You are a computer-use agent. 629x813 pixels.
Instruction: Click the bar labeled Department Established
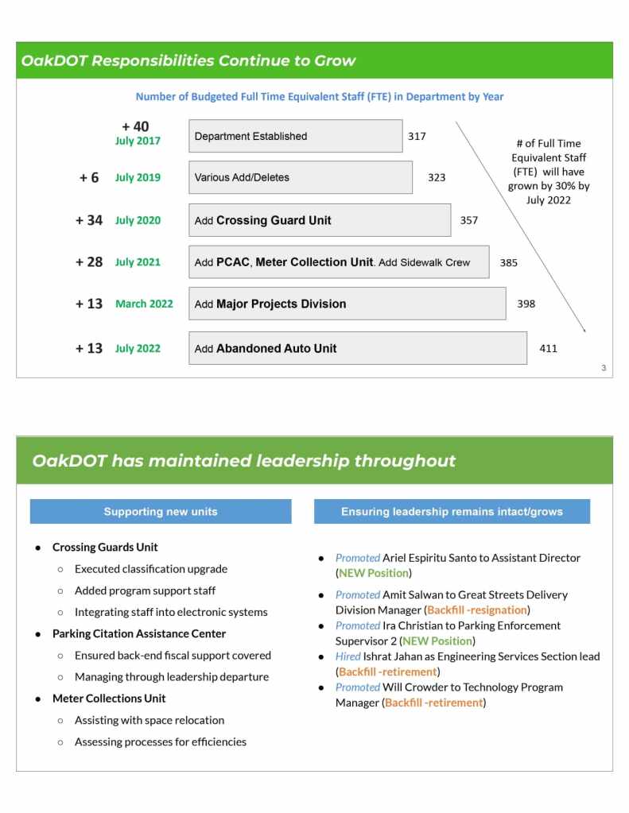click(x=295, y=136)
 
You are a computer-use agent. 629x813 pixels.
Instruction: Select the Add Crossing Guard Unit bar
click(x=319, y=220)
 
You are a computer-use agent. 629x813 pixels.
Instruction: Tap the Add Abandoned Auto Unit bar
click(x=357, y=348)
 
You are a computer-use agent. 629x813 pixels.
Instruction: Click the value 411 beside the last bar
click(x=548, y=348)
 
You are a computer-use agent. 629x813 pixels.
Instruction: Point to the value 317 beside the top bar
click(x=417, y=136)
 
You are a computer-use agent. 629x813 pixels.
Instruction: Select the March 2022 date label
click(x=144, y=304)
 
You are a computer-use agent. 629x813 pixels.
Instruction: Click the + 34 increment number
click(x=89, y=220)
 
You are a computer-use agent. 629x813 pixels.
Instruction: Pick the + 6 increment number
click(x=89, y=177)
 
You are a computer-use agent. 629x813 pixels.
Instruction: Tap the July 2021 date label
click(x=138, y=262)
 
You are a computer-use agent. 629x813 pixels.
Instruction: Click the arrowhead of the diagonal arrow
click(x=584, y=329)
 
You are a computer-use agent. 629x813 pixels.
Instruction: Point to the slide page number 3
click(x=604, y=367)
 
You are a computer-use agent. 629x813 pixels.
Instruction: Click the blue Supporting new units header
click(x=161, y=512)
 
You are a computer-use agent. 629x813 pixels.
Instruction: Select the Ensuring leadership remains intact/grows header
click(x=452, y=512)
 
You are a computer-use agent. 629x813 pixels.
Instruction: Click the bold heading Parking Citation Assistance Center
click(x=139, y=633)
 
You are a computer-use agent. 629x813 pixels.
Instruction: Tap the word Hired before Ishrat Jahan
click(x=348, y=656)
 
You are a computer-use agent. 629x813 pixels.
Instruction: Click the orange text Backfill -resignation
click(x=477, y=610)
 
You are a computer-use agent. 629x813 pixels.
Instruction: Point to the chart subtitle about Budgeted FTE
click(x=319, y=96)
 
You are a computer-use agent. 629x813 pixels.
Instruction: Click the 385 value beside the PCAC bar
click(x=508, y=262)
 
